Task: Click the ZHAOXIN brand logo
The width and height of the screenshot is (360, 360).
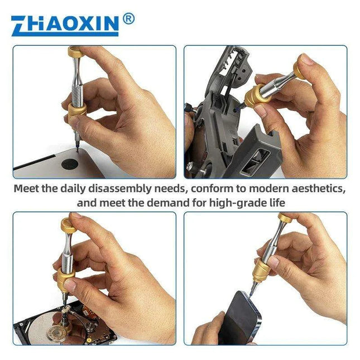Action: tap(65, 25)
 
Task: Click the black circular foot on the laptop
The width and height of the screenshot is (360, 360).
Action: tap(69, 164)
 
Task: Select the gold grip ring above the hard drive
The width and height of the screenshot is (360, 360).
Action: tap(66, 279)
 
